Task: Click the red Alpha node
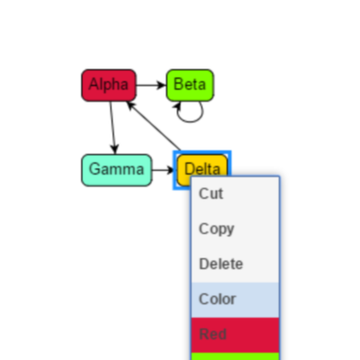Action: (109, 85)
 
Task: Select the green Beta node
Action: (190, 85)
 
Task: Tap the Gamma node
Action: (117, 170)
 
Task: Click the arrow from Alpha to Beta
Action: (151, 85)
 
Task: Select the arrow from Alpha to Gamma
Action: (112, 128)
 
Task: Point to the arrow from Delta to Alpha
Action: (154, 125)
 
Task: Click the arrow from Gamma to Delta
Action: (163, 170)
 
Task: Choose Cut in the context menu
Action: (211, 193)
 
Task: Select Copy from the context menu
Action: (216, 229)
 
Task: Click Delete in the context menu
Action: (220, 265)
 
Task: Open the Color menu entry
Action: (217, 300)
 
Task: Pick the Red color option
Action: (212, 335)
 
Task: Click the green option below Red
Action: (235, 356)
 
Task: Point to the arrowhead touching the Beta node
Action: (162, 85)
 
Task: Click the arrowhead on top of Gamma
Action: (114, 149)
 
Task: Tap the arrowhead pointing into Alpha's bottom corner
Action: (130, 105)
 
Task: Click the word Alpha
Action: (109, 84)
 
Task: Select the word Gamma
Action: (116, 169)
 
